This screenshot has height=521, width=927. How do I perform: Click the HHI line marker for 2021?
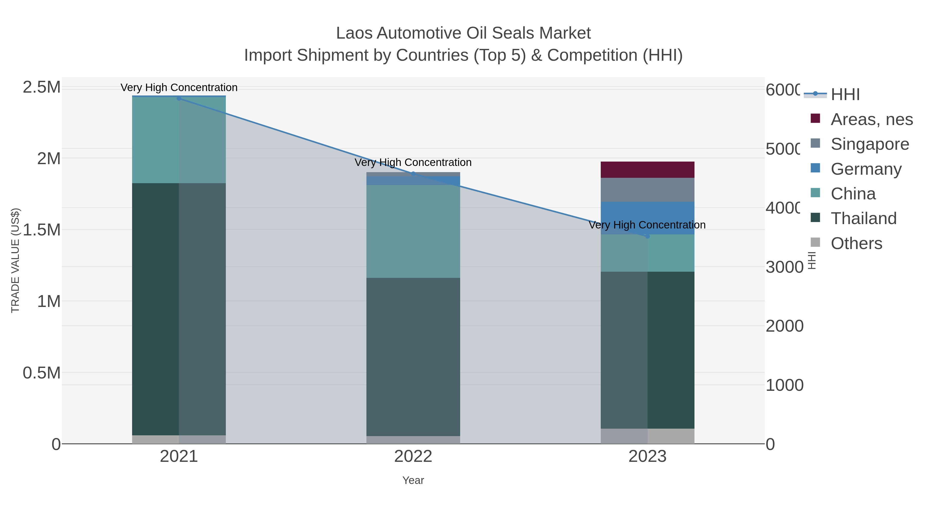(x=179, y=98)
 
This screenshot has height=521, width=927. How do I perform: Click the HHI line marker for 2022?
(x=413, y=174)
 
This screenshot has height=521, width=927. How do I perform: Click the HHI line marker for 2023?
(x=647, y=236)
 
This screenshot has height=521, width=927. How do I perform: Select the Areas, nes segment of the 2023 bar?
(x=647, y=170)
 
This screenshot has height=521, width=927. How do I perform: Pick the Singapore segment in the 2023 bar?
(x=647, y=190)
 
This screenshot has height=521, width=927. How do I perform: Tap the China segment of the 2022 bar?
(x=413, y=231)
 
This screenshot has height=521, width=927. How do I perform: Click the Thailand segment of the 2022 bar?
(x=413, y=357)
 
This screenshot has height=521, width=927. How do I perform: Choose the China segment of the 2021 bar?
(x=179, y=140)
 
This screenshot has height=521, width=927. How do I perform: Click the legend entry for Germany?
(x=866, y=169)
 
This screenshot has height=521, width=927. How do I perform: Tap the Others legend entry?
(x=856, y=243)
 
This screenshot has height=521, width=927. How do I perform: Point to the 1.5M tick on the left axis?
(x=42, y=230)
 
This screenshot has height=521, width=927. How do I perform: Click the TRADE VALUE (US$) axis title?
(x=15, y=260)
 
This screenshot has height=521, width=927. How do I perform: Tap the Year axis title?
(x=413, y=480)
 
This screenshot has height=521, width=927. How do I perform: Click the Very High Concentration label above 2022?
(x=413, y=163)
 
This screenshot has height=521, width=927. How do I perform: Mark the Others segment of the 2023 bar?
(x=647, y=436)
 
